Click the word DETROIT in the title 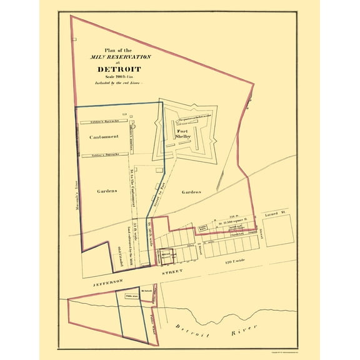(x=119, y=69)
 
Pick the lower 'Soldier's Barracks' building (x=104, y=154)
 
